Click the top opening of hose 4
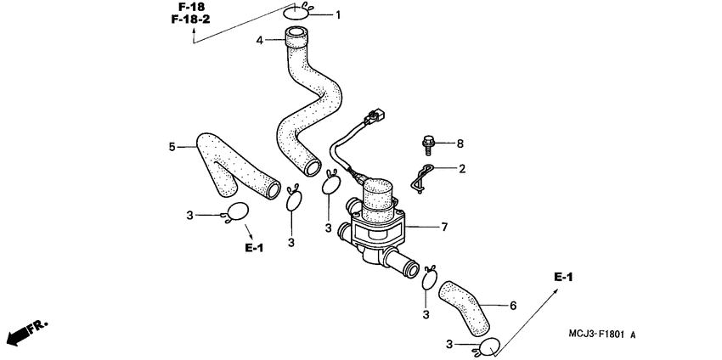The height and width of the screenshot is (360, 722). click(296, 36)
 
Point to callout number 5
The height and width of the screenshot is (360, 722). click(172, 147)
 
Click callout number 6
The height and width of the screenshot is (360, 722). click(512, 305)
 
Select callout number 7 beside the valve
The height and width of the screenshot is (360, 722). click(443, 228)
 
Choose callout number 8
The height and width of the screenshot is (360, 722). click(461, 143)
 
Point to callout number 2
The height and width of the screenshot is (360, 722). click(462, 169)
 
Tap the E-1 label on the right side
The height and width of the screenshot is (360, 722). click(564, 278)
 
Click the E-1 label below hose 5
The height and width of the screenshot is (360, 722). click(255, 248)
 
